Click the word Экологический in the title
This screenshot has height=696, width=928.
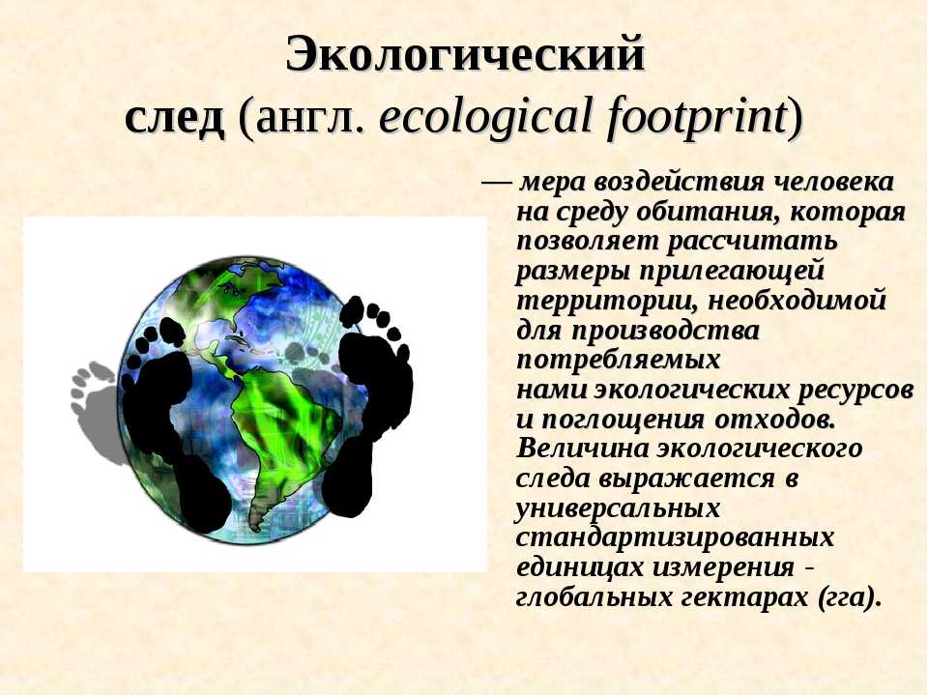[x=465, y=54]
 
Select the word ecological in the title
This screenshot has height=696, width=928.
[x=486, y=117]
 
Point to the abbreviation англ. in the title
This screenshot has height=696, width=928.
[x=309, y=118]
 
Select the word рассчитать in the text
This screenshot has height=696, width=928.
[x=752, y=241]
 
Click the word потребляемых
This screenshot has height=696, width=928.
[x=618, y=360]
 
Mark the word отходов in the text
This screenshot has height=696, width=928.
[x=774, y=419]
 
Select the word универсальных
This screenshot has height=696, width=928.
[x=618, y=507]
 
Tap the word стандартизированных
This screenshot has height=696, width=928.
[x=675, y=537]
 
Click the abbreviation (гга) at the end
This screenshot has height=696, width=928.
[x=849, y=597]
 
